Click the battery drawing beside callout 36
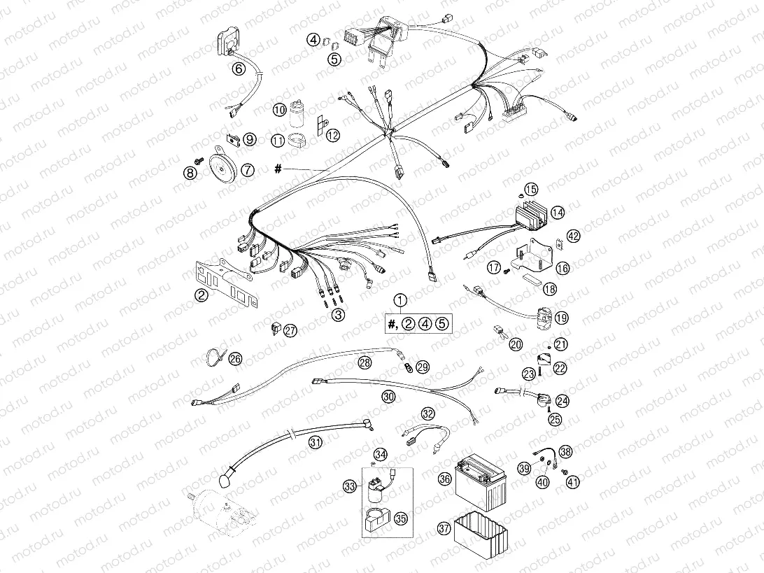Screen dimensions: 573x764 (x=481, y=483)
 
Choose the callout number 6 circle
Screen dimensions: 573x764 (x=238, y=69)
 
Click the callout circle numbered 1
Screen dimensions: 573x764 (x=399, y=301)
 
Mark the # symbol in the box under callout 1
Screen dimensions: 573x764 (x=392, y=323)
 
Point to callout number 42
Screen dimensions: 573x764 (x=574, y=236)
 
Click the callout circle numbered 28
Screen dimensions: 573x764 (x=365, y=362)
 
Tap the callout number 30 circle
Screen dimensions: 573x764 (x=388, y=396)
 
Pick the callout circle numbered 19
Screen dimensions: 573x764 (x=561, y=318)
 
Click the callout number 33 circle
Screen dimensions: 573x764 (x=350, y=486)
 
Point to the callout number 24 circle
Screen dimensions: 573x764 (x=562, y=401)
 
